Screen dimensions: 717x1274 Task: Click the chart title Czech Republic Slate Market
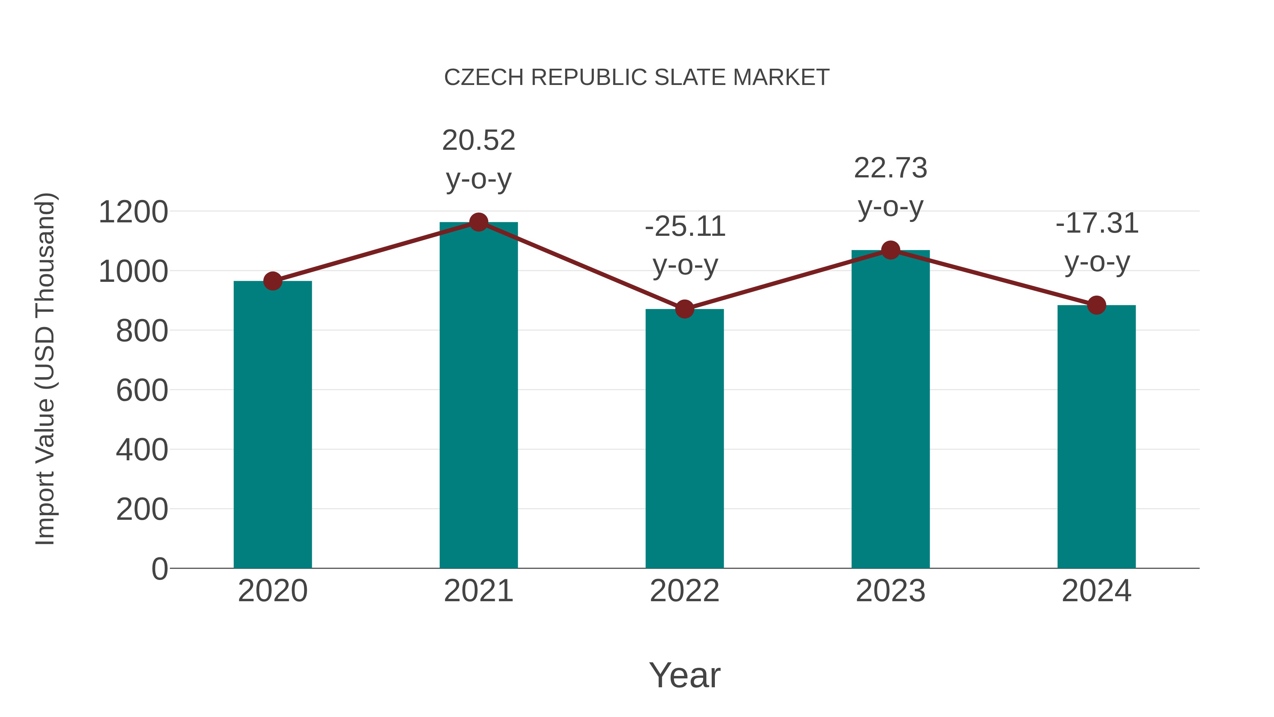click(636, 78)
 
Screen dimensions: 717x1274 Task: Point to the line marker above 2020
click(272, 281)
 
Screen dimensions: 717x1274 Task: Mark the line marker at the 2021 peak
click(478, 222)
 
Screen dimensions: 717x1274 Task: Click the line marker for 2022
click(684, 309)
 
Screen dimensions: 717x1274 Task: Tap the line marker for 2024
click(1096, 305)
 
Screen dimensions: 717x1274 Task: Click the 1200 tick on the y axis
click(133, 212)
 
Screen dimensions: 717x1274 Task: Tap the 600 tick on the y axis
click(142, 391)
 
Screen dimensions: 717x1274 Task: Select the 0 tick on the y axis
click(159, 569)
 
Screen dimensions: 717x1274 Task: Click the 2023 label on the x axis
click(890, 591)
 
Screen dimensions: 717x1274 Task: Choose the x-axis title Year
click(684, 675)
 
